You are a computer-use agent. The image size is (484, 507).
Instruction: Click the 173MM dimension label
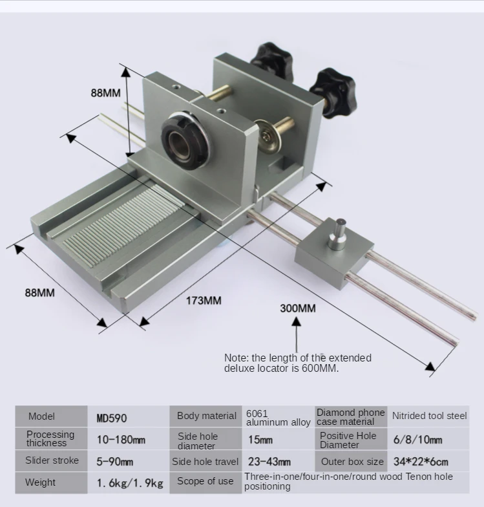pos(204,300)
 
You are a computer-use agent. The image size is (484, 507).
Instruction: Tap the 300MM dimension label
pos(297,308)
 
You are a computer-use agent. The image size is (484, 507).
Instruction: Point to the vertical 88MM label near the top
pos(105,92)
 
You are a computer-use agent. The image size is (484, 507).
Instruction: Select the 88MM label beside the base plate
pos(40,292)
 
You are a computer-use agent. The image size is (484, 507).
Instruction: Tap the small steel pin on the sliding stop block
pos(337,236)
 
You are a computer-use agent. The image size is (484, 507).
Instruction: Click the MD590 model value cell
pos(112,418)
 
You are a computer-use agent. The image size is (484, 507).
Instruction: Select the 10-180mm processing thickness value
pos(121,440)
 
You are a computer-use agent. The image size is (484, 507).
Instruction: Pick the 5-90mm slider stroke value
pos(115,461)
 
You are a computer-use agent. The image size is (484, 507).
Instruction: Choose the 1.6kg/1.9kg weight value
pos(129,482)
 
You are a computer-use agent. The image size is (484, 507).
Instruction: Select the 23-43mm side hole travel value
pos(269,461)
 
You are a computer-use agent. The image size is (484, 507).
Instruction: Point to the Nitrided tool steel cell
pos(429,416)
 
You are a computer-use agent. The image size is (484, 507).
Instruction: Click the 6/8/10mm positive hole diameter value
pos(417,440)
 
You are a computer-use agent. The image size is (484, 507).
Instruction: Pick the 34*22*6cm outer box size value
pos(421,461)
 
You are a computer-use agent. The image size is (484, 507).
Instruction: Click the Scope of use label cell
pos(205,481)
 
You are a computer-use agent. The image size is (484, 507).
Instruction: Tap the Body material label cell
pos(206,416)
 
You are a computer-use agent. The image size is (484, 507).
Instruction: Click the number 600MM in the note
pos(320,368)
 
